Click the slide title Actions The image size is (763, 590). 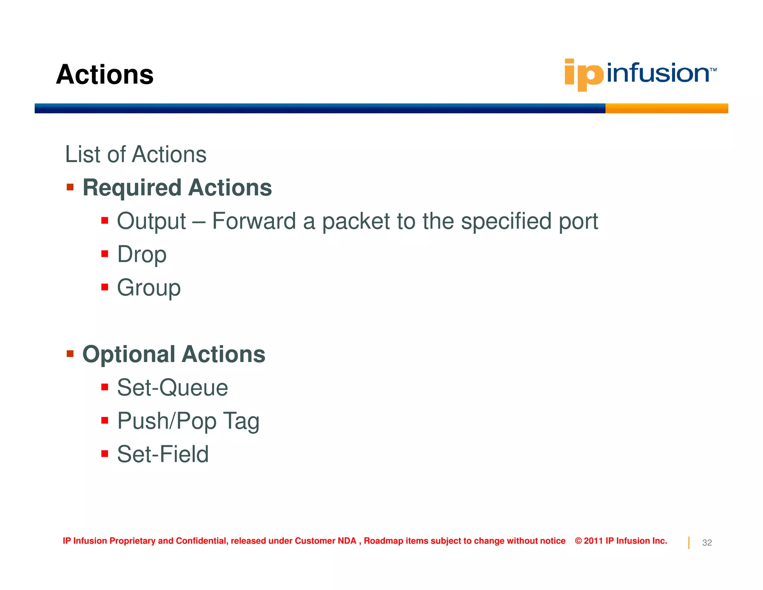coord(105,75)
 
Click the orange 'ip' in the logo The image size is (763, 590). coord(583,75)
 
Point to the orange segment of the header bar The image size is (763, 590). coord(666,109)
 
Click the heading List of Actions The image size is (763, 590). coord(136,154)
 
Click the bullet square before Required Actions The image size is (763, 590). coord(70,187)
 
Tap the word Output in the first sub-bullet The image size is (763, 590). coord(151,221)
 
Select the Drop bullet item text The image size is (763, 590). coord(142,255)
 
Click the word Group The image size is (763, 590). coord(149,288)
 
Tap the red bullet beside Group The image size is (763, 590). coord(105,287)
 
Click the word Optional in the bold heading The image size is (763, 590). coord(129,354)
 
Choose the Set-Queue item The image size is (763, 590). coord(172,388)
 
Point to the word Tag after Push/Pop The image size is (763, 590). coord(241,421)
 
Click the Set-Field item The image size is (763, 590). coord(163,455)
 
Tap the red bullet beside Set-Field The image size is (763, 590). coord(105,454)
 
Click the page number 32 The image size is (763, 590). coord(707,543)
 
